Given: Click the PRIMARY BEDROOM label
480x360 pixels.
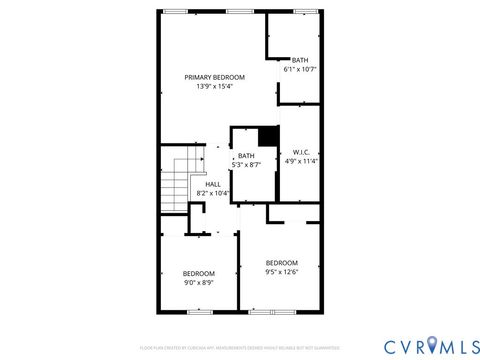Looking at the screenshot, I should click(214, 77).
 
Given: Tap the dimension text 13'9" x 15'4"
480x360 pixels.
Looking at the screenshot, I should click(214, 87).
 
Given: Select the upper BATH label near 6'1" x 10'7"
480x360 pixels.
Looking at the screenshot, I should click(300, 60).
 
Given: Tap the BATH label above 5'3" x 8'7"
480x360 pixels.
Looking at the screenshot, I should click(246, 156).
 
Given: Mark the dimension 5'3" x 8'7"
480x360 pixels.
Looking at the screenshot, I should click(246, 165).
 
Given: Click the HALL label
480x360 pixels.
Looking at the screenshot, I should click(213, 185).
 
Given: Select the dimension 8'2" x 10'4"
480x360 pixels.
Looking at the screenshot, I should click(213, 194).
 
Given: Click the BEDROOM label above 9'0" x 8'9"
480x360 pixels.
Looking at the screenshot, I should click(198, 274).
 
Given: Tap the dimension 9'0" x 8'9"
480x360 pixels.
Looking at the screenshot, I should click(198, 283).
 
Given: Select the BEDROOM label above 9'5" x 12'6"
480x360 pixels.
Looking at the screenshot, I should click(281, 263).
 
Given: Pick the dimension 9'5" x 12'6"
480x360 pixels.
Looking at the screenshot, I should click(281, 272).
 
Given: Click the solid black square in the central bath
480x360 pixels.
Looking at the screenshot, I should click(267, 137).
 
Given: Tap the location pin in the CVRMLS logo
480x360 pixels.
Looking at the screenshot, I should click(433, 345).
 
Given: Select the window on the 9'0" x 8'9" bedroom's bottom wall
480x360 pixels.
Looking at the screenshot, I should click(200, 311).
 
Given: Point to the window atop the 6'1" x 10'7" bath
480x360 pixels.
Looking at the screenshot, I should click(304, 11).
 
